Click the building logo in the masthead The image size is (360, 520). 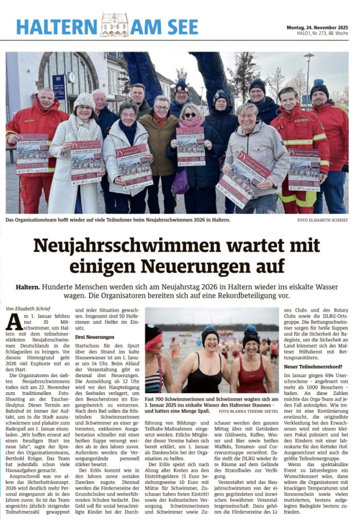pyautogui.click(x=115, y=25)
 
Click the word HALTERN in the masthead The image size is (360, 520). pyautogui.click(x=56, y=26)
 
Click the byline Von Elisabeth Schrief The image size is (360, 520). pyautogui.click(x=28, y=308)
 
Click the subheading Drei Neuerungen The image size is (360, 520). pyautogui.click(x=94, y=337)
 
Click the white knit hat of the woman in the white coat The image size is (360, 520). pyautogui.click(x=84, y=101)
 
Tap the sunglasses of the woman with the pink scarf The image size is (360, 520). pyautogui.click(x=190, y=115)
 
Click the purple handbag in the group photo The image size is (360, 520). pyautogui.click(x=181, y=180)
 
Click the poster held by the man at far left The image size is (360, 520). pyautogui.click(x=32, y=153)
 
